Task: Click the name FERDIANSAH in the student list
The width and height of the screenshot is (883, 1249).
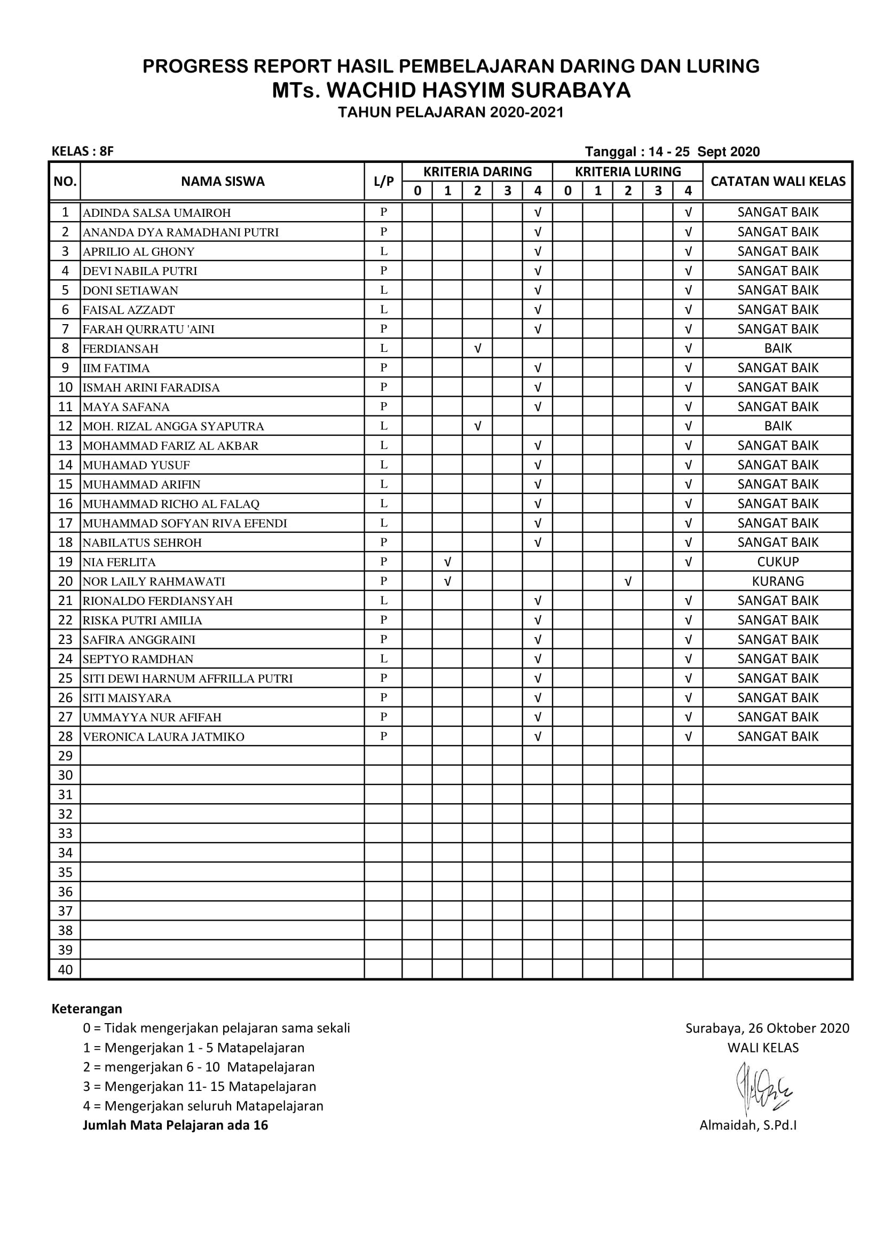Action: click(x=120, y=349)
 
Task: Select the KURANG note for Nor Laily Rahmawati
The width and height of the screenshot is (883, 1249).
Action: click(x=777, y=581)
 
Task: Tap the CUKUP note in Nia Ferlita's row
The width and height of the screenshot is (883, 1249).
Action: click(x=777, y=561)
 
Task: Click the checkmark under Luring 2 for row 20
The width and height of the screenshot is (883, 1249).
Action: click(x=627, y=582)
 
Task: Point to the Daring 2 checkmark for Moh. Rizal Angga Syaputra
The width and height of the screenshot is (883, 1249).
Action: click(x=477, y=426)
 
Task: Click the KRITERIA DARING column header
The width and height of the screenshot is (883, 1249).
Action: click(x=477, y=172)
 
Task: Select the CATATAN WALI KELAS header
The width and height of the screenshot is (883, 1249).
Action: click(x=777, y=181)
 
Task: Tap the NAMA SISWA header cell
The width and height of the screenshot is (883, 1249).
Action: click(x=223, y=181)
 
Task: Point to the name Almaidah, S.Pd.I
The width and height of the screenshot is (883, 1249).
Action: click(x=747, y=1125)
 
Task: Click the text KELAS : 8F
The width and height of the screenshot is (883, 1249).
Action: click(x=83, y=151)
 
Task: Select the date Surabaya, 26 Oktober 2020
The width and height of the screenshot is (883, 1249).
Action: click(x=767, y=1027)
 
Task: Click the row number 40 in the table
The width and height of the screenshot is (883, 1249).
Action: click(x=65, y=969)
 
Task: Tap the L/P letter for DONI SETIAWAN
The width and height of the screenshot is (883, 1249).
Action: click(x=383, y=290)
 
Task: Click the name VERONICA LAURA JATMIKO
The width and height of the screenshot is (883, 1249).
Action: click(x=163, y=736)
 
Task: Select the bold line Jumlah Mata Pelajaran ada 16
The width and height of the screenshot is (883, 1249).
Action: click(x=175, y=1125)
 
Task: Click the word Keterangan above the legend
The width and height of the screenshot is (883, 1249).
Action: click(x=86, y=1009)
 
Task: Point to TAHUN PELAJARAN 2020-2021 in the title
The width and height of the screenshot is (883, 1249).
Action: click(x=451, y=112)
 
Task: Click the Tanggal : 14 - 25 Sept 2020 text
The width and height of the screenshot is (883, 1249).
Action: click(x=672, y=152)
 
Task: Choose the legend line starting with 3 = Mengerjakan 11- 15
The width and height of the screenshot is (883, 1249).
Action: click(x=199, y=1086)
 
